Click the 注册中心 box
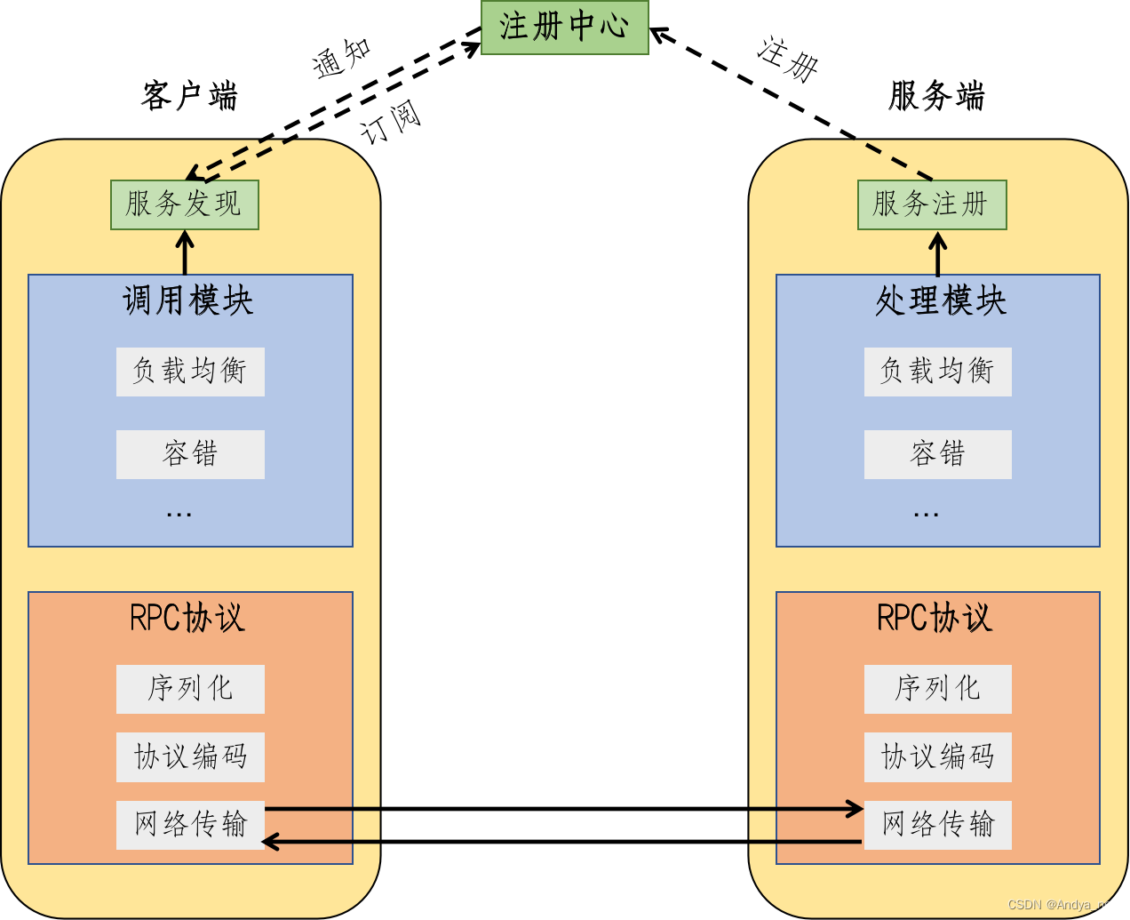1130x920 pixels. [x=564, y=27]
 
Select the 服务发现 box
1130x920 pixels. [x=184, y=204]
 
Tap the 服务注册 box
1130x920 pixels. [x=931, y=204]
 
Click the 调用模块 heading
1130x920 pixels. [x=188, y=301]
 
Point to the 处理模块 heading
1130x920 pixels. [x=941, y=301]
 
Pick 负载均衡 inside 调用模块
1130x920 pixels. [x=190, y=372]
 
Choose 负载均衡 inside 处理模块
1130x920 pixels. [x=937, y=372]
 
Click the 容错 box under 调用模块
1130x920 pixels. [x=190, y=454]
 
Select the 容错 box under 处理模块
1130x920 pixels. [x=937, y=454]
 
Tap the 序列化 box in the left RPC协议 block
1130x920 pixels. [x=190, y=689]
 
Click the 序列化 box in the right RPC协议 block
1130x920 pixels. [x=937, y=689]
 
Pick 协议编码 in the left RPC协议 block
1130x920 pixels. [x=190, y=756]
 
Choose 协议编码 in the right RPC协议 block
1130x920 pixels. [x=937, y=756]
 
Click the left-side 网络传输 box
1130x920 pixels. [x=190, y=824]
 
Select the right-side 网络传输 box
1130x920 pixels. [x=937, y=824]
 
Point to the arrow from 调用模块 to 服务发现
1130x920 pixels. [x=185, y=253]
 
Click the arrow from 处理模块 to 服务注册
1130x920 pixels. [x=937, y=255]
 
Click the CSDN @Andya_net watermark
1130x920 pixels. [x=1061, y=904]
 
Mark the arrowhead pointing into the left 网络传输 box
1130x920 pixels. [x=270, y=841]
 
